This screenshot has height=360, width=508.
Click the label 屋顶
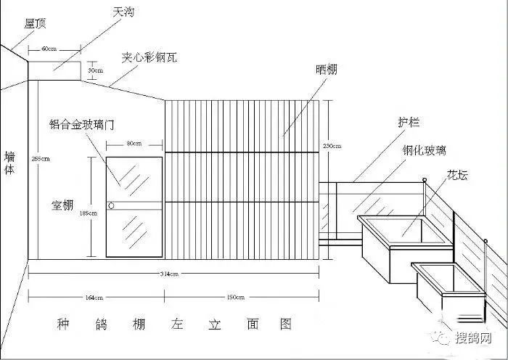(36, 24)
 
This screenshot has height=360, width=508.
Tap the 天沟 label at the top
(123, 12)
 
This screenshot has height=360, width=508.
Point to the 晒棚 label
(326, 70)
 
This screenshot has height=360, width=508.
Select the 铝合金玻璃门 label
(82, 123)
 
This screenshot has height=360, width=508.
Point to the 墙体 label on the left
(10, 164)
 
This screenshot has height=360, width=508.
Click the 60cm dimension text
(49, 49)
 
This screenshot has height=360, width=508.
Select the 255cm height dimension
(41, 158)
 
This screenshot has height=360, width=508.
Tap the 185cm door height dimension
(89, 213)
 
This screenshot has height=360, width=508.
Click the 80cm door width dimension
(134, 144)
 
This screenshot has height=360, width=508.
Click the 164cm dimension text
(94, 298)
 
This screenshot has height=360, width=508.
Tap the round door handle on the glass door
(111, 207)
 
